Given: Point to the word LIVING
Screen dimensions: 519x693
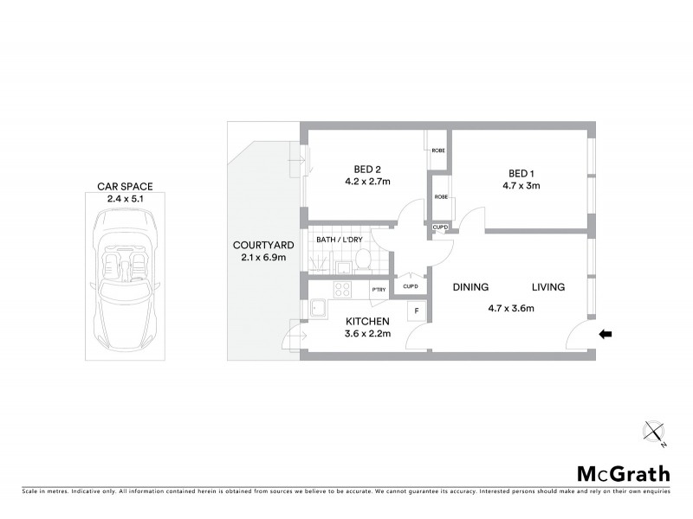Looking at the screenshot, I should [x=548, y=287].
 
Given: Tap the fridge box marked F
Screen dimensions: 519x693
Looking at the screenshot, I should [x=417, y=311].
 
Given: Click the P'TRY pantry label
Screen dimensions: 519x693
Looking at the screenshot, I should [x=379, y=290].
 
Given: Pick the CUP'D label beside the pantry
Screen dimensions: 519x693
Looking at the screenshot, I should [x=410, y=286].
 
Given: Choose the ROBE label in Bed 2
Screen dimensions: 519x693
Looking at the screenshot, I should [x=437, y=151].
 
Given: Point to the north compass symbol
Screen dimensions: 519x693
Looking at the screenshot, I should [x=654, y=430].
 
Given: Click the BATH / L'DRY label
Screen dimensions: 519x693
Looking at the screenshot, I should [x=340, y=239].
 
